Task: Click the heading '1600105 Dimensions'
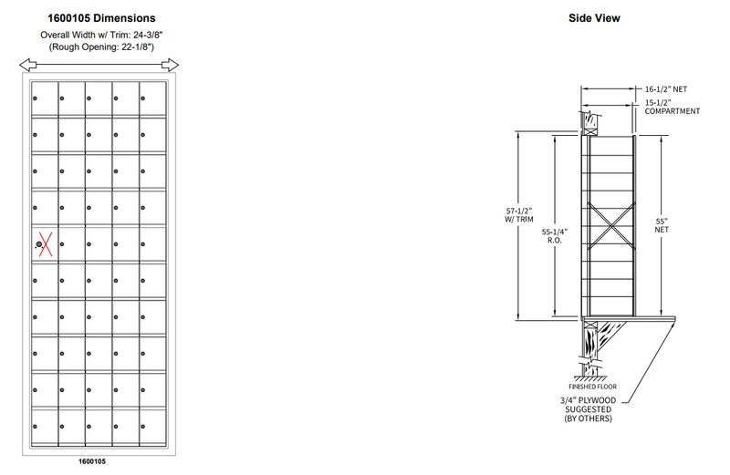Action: [x=101, y=17]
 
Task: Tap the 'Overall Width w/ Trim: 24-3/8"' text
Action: [x=101, y=34]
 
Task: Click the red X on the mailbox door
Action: [x=43, y=244]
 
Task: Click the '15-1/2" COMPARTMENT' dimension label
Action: [x=672, y=107]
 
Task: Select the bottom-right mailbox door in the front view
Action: [x=153, y=427]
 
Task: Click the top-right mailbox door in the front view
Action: [x=153, y=99]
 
